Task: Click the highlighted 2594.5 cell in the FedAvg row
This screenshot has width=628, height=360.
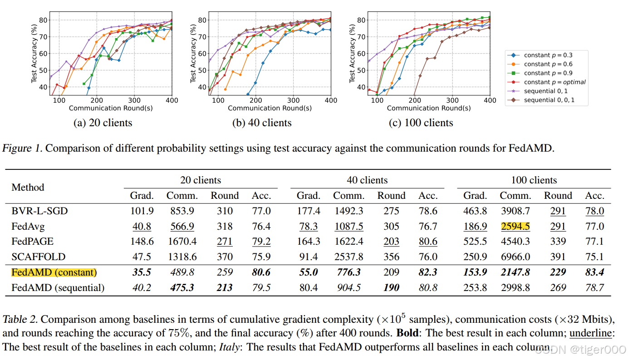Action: tap(515, 226)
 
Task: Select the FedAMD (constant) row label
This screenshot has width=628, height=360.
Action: tap(54, 272)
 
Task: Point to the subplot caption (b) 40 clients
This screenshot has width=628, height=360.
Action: tap(262, 123)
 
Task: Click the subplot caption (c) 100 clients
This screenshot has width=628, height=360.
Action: tap(421, 123)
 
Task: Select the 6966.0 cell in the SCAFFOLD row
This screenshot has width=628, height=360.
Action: tap(515, 257)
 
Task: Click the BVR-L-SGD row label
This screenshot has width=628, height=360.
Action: tap(39, 211)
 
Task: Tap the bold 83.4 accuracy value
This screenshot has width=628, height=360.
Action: tap(594, 272)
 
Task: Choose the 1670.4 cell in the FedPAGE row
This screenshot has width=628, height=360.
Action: tap(182, 242)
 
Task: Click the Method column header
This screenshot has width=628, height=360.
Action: tap(28, 187)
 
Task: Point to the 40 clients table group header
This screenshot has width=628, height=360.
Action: tap(367, 180)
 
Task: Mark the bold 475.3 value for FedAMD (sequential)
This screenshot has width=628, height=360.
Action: tap(182, 288)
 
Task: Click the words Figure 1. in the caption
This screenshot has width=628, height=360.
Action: tap(22, 148)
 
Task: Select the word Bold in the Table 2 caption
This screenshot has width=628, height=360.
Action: tap(407, 333)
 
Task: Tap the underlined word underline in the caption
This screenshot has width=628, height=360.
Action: tap(591, 333)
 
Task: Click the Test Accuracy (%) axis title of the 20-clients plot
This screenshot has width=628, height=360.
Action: tap(34, 53)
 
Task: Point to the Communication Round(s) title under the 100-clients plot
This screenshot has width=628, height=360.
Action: tap(429, 108)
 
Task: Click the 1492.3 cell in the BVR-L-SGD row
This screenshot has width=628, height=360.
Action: tap(349, 211)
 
